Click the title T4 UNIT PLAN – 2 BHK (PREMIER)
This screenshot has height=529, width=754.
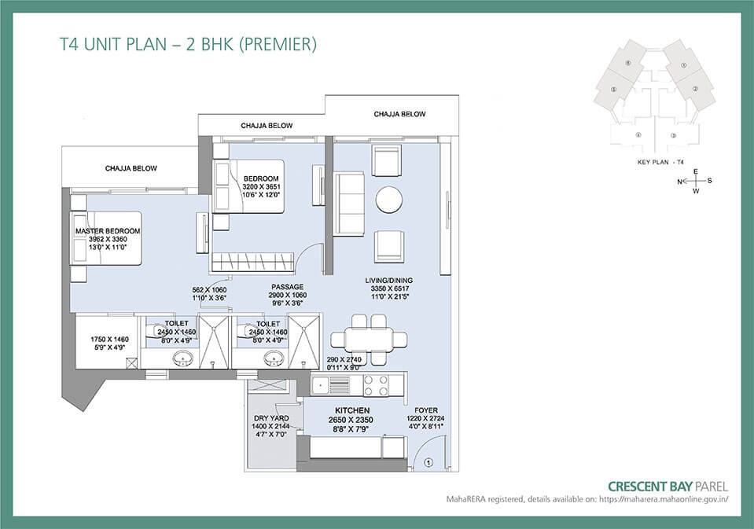click(x=188, y=45)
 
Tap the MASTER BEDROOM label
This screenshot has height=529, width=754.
click(x=108, y=231)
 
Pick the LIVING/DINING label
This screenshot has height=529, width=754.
click(x=388, y=280)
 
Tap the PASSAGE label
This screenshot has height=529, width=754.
click(x=287, y=287)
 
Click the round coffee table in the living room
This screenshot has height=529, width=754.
click(x=391, y=200)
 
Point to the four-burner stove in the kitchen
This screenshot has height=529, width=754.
click(x=373, y=385)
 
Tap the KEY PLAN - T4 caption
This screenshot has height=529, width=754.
click(x=661, y=162)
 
